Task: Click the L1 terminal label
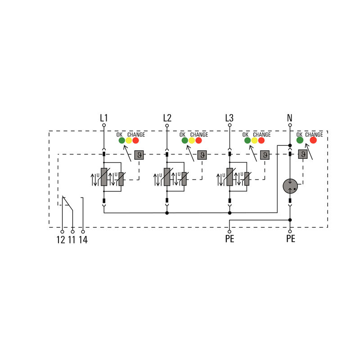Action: pos(104,118)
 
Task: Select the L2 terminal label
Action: pos(167,118)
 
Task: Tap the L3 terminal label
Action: pos(229,118)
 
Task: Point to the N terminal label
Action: pos(290,118)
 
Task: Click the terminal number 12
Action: pos(61,239)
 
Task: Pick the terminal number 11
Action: pos(72,239)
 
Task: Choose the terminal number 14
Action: pos(83,239)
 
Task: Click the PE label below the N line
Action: pos(291,239)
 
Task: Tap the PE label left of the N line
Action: pos(229,239)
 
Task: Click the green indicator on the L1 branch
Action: pos(121,140)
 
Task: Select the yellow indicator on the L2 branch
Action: pos(192,140)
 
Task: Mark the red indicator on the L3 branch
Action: pos(261,140)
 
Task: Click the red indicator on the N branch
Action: pos(313,140)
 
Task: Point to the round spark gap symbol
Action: pos(290,185)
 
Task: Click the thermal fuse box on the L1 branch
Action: pos(139,155)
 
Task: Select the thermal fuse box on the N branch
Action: pos(302,155)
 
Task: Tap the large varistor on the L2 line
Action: pos(167,177)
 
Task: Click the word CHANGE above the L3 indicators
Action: pos(262,135)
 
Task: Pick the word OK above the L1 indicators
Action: pos(119,135)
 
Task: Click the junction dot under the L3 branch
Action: pos(229,213)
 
